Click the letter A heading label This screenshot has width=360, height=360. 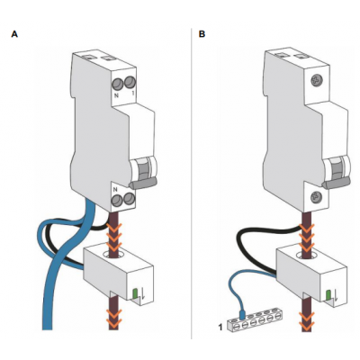[x=14, y=34]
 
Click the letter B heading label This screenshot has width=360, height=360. [x=202, y=34]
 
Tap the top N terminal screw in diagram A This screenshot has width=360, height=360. [x=118, y=83]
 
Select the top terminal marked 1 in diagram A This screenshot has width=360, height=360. [x=130, y=82]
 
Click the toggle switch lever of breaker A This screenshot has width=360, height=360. [x=142, y=183]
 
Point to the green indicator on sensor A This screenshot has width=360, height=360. [x=135, y=293]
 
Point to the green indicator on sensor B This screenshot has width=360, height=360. [x=328, y=295]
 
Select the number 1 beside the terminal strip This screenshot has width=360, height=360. [x=220, y=328]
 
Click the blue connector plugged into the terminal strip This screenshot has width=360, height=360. [x=242, y=313]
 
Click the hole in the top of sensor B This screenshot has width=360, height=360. [x=305, y=256]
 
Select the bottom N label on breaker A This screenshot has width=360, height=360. [x=114, y=190]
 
